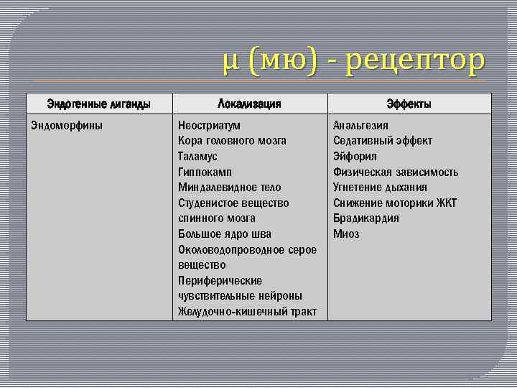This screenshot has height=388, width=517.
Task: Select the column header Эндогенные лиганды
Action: coord(98,104)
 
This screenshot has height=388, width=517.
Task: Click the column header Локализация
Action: coord(249,104)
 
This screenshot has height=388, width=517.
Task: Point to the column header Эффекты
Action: coord(409,104)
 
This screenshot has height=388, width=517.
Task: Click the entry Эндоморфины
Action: coord(67,125)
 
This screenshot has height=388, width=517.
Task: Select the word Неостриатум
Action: coord(209,125)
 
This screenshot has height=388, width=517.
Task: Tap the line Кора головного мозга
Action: coord(232,141)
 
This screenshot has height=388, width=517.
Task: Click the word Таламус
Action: coord(197,156)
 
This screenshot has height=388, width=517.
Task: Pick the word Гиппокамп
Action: coord(205,172)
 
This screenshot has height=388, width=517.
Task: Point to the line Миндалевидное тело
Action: coord(230,188)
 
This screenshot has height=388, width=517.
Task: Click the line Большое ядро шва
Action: coord(225,234)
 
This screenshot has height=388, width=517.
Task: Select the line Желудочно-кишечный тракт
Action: coord(247,311)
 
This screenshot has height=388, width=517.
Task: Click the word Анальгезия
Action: coord(360,125)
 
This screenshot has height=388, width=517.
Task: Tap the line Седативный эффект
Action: coord(382,141)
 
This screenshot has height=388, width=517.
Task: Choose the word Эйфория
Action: coord(355,156)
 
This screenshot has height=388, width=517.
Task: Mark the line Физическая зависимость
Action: coord(395,172)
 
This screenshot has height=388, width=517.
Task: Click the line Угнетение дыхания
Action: coord(380,188)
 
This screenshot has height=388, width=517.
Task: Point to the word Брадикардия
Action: coord(365,218)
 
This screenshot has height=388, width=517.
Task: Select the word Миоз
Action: coord(346,234)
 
